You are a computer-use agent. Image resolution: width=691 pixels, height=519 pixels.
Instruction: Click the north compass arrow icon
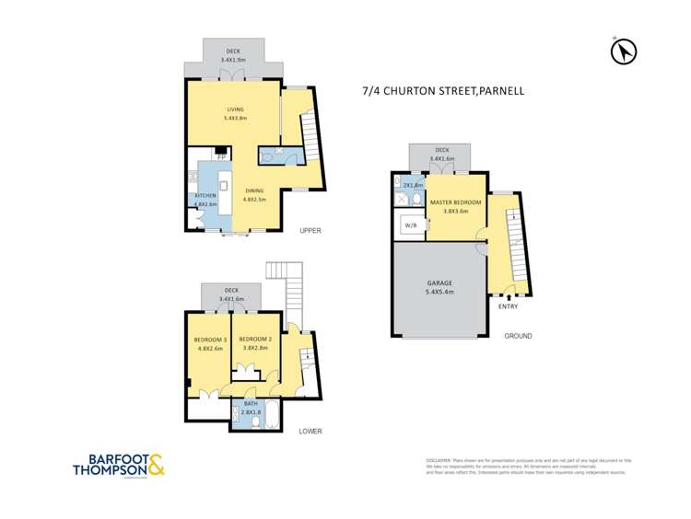[x=624, y=52]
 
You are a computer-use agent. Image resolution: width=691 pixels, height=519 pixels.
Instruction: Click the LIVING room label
[x=236, y=110]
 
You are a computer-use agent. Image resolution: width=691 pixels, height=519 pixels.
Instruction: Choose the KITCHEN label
[x=205, y=197]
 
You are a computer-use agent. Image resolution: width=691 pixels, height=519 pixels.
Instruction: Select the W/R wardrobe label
[x=410, y=224]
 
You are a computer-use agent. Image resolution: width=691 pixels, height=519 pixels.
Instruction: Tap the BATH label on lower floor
[x=251, y=404]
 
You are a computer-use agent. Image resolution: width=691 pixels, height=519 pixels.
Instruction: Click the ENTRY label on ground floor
[x=508, y=306]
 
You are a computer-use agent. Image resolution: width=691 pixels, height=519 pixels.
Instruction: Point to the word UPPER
[x=310, y=230]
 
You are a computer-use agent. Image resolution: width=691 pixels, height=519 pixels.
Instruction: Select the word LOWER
[x=310, y=431]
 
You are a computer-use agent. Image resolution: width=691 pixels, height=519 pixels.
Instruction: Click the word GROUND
[x=518, y=336]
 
